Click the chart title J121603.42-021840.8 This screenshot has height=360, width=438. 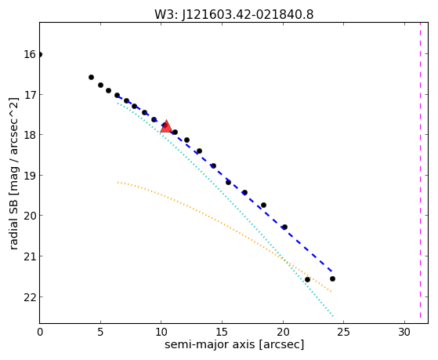coord(248,15)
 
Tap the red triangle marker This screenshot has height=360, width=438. coord(166,127)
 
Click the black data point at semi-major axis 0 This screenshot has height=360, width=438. coord(40,54)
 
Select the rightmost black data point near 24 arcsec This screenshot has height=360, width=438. coord(332,278)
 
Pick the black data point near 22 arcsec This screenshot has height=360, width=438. coord(307,279)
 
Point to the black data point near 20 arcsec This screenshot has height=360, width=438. coord(284,227)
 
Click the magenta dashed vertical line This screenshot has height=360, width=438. coord(420,170)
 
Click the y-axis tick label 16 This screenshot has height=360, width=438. coord(30,54)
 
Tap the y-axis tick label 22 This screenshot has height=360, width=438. coord(30,297)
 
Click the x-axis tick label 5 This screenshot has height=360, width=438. coord(100,332)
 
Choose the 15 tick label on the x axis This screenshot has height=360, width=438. coord(222,332)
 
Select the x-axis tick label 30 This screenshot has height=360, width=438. coord(404,332)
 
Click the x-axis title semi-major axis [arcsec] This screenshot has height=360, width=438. coord(234,344)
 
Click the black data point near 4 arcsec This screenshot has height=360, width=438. coord(91,77)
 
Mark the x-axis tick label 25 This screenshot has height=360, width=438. coord(343,332)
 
